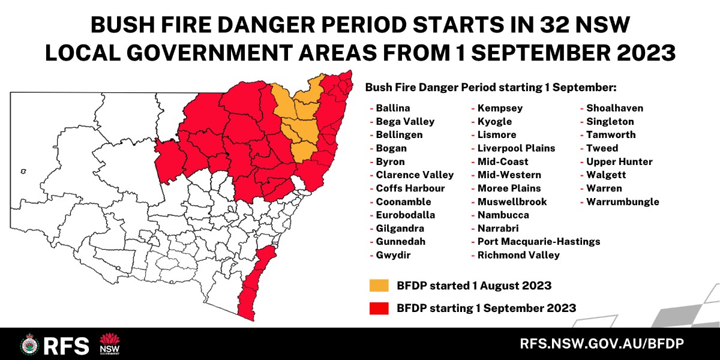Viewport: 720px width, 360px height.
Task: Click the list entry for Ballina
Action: coord(392,109)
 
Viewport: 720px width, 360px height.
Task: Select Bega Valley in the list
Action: coord(405,122)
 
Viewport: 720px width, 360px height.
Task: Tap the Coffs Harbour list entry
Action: coord(410,188)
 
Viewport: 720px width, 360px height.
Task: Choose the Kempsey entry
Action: coord(500,109)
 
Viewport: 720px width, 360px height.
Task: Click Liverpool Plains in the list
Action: coord(516,148)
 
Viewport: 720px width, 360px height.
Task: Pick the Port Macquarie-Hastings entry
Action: coord(538,242)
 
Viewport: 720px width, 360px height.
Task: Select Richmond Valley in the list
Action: coord(518,255)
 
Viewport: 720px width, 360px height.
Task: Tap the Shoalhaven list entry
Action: coord(614,109)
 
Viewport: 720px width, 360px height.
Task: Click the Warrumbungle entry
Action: coord(622,202)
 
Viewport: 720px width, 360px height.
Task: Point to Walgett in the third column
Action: coord(606,175)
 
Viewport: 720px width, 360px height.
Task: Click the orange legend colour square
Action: coord(379,285)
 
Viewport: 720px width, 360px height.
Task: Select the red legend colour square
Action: coord(379,308)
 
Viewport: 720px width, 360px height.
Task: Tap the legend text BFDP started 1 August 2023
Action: coord(474,285)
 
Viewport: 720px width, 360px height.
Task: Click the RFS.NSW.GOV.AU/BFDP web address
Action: coord(602,344)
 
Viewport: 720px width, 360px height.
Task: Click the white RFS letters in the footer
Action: coord(67,345)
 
